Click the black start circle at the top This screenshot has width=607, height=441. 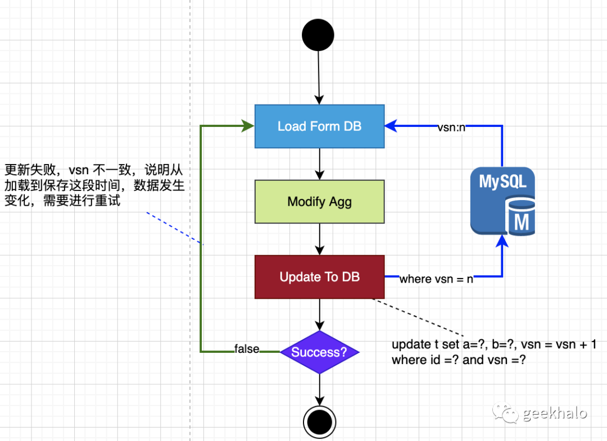(318, 35)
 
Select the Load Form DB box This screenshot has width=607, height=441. (319, 126)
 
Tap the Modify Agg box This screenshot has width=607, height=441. (319, 201)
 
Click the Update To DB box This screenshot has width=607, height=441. (319, 276)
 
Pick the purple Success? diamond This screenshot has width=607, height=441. (319, 352)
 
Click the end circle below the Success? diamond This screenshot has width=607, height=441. (319, 420)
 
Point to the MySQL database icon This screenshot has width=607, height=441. (502, 201)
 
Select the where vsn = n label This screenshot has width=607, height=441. (436, 279)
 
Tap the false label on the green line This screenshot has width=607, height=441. (247, 349)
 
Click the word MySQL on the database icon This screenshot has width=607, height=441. (502, 182)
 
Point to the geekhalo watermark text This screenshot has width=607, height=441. (555, 413)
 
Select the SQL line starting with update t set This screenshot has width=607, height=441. (493, 344)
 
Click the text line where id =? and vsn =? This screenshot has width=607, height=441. (459, 360)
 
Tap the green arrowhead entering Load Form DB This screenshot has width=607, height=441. (248, 126)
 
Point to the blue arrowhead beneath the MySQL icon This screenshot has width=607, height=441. (502, 242)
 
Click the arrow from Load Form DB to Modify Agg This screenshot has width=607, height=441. (319, 164)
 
